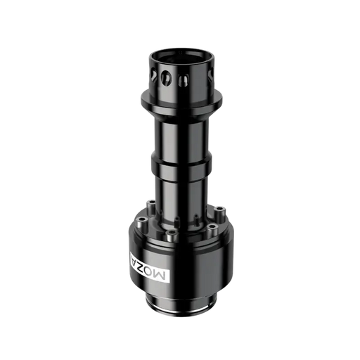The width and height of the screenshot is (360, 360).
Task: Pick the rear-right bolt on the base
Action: tap(219, 209)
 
